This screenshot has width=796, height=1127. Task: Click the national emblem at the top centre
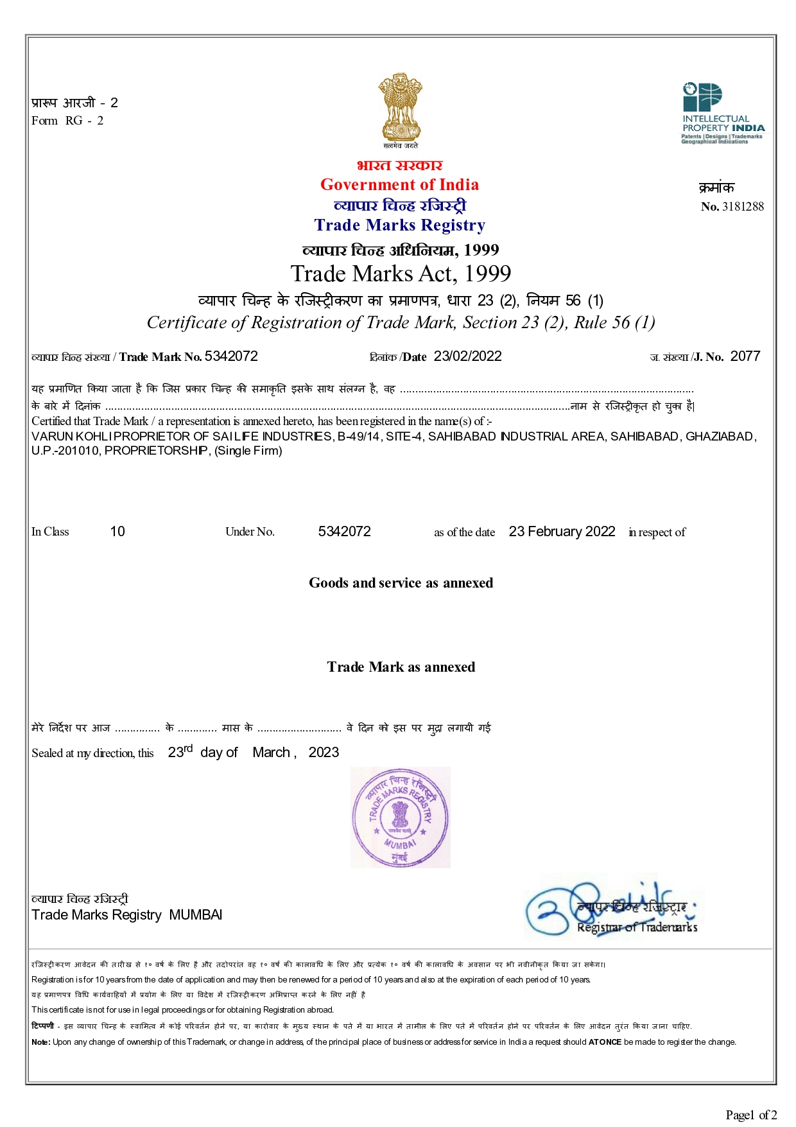point(400,107)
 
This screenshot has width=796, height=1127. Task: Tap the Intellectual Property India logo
point(722,113)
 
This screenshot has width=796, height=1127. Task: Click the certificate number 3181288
point(743,207)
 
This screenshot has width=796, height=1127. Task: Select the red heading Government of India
point(399,185)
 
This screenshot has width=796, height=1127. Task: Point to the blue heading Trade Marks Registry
point(399,225)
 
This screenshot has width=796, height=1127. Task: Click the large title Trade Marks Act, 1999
point(401,274)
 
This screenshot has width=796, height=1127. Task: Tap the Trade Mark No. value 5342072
point(231,356)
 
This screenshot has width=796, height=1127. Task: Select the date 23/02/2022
point(467,356)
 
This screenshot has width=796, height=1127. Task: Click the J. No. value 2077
point(745,356)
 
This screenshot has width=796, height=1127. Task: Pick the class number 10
point(117,532)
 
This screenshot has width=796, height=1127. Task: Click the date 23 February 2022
point(562,532)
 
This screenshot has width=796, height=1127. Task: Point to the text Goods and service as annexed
point(401,583)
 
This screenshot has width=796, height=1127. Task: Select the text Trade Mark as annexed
point(401,667)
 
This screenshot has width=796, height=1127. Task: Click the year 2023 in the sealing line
point(324,753)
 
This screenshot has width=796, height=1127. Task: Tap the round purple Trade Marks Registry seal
point(400,817)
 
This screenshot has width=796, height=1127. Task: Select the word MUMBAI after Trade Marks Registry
point(196,915)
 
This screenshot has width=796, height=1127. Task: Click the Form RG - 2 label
point(67,121)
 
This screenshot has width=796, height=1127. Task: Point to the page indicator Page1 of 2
point(751,1115)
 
